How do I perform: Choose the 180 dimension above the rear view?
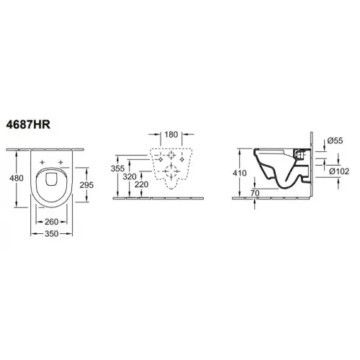coord(171,133)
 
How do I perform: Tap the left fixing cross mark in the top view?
coord(41,160)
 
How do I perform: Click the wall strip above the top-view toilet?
coord(50,148)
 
